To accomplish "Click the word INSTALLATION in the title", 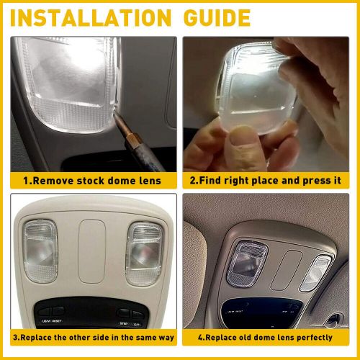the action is point(91,18).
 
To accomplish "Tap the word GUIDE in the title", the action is point(217,18).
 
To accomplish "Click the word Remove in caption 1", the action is point(53,181).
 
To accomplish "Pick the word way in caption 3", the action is point(166,338).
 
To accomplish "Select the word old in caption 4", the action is point(246,337).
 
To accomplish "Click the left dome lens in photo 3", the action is point(40,251).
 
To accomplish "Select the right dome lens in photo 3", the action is point(144,254).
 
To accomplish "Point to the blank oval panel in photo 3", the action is point(92,251).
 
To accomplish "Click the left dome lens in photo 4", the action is point(247,264).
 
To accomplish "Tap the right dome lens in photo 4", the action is point(315,274).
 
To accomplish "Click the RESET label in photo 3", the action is point(57,321).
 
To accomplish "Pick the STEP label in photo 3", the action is point(123,324).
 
